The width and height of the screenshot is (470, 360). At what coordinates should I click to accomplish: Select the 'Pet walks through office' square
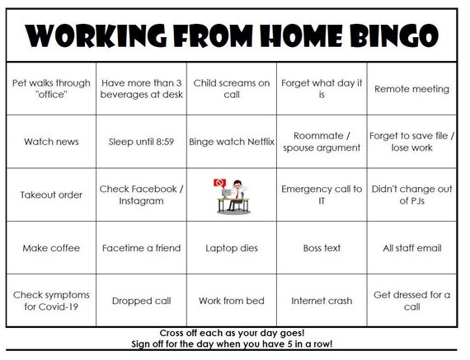51,88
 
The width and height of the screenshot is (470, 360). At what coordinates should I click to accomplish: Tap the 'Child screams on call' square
232,88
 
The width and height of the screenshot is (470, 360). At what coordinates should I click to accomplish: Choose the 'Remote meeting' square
411,88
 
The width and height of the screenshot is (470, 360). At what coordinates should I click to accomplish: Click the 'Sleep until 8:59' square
141,142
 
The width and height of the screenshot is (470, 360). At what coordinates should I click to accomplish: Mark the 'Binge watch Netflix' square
232,142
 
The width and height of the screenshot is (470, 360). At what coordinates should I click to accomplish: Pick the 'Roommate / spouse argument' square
322,142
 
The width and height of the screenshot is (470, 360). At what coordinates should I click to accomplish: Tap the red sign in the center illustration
220,182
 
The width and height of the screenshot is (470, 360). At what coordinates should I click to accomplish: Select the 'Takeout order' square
51,195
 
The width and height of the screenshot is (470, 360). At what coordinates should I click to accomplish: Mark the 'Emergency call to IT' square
322,195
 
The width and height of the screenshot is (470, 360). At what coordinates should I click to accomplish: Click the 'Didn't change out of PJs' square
411,195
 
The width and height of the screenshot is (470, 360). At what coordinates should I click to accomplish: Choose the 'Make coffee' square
51,248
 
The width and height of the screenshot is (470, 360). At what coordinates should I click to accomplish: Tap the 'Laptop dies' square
232,248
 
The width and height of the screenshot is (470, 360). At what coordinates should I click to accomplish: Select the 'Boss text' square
322,248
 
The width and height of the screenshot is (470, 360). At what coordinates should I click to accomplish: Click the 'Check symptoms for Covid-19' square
51,301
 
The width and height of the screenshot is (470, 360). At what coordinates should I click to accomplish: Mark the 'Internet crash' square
322,301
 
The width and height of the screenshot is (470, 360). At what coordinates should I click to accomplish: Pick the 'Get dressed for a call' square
411,301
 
